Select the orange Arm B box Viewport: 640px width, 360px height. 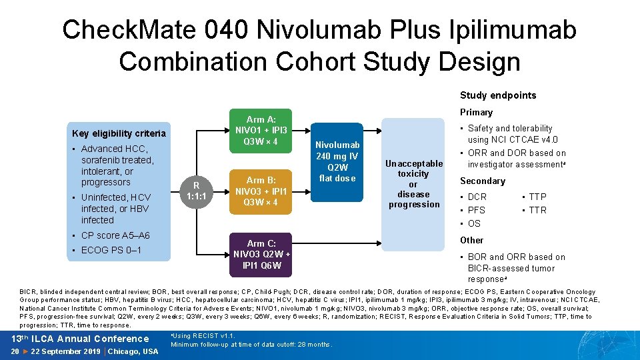point(261,191)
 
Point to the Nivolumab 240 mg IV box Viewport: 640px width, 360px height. point(337,161)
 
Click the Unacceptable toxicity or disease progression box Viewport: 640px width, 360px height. point(413,183)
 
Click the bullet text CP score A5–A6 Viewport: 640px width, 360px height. point(115,235)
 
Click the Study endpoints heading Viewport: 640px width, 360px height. point(497,95)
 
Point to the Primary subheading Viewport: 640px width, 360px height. point(476,112)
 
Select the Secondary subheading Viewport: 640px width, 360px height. point(483,181)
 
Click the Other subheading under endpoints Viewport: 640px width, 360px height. point(471,240)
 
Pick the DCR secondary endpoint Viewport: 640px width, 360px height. point(477,197)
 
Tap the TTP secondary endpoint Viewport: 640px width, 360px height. point(537,197)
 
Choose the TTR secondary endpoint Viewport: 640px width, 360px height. point(537,210)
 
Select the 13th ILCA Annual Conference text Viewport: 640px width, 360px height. point(79,339)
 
